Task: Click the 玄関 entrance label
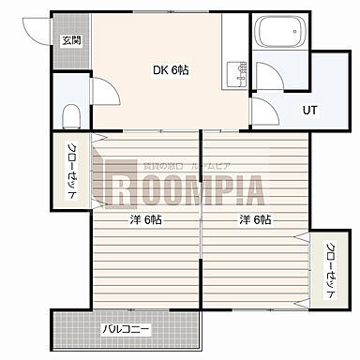pos(71,40)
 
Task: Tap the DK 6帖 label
pos(171,69)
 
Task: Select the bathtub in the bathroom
pos(281,35)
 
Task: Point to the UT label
pos(309,110)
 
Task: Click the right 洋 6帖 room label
pos(254,219)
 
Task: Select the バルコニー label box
pos(126,329)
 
